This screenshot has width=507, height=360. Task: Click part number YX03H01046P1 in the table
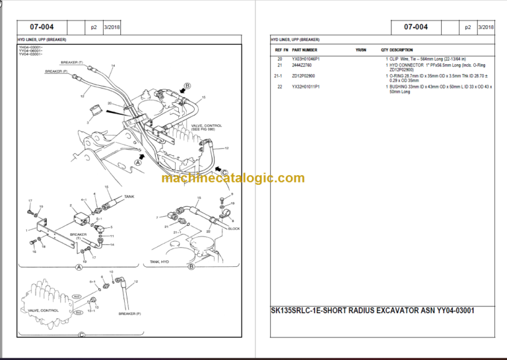coord(309,59)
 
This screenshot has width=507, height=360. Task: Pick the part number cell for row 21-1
coord(304,76)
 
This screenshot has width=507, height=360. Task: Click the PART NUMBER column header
coord(305,50)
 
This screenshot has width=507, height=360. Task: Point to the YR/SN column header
coord(360,50)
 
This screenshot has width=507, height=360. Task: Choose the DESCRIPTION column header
coord(401,50)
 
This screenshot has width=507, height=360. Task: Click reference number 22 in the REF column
coord(280,87)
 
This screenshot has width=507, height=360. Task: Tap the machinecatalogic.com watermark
coord(233,178)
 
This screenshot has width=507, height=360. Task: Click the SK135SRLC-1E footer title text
coord(373,310)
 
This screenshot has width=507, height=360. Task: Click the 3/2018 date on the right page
coord(486,27)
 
